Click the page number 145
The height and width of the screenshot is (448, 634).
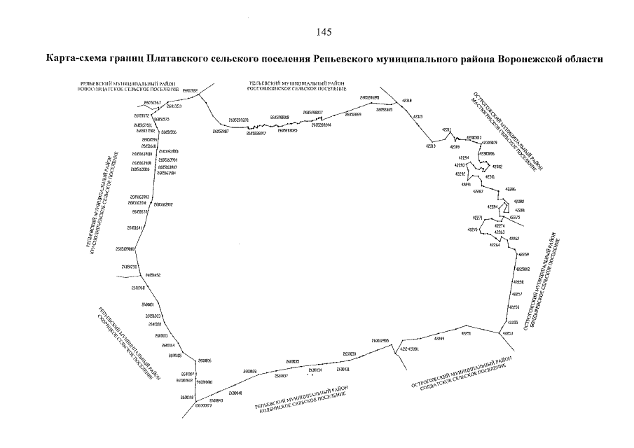(324, 32)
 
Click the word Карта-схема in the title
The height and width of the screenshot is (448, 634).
(73, 59)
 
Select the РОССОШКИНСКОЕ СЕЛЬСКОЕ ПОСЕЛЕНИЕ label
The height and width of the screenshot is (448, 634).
(296, 89)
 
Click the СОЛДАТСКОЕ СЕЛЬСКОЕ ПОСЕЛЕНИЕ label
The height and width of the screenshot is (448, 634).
(463, 377)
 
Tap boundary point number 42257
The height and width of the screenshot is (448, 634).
(517, 294)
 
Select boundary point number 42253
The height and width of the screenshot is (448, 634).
(509, 333)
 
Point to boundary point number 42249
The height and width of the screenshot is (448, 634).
(440, 339)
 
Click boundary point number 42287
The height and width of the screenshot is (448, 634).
(478, 191)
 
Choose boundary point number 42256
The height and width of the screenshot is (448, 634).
(514, 307)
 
